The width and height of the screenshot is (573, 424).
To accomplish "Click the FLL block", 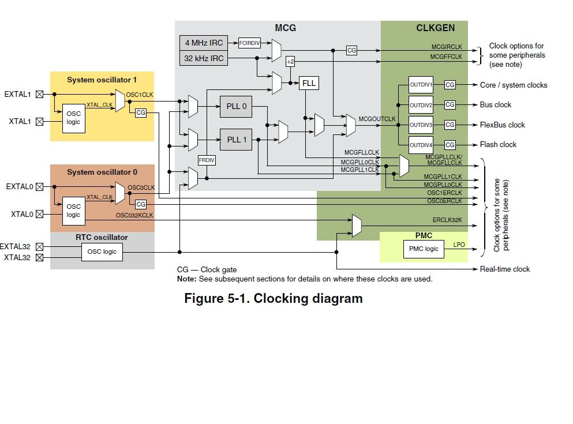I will tap(309, 83).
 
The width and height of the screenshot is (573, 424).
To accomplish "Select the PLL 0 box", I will tap(236, 106).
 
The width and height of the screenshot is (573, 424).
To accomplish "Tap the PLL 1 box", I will tap(236, 140).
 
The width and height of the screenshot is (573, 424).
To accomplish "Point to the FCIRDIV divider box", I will tap(250, 43).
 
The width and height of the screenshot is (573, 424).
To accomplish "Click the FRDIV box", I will tap(207, 160).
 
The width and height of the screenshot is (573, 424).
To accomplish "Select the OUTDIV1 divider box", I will tap(421, 85).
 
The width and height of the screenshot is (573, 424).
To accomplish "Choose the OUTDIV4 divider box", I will tap(421, 144).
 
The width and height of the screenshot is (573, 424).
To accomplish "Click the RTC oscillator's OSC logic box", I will tap(102, 252).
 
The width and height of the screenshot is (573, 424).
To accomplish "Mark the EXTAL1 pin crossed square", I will tap(39, 93).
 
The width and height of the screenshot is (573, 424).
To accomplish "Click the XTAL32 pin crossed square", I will tap(39, 257).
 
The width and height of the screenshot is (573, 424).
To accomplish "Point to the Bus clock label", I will tap(496, 105).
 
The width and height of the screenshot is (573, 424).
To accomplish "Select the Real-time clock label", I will tap(505, 269).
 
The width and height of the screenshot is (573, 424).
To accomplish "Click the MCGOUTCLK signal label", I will tap(377, 119).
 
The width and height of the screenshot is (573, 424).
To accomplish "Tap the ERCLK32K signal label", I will tap(447, 220).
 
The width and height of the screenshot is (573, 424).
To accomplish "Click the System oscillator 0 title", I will tap(102, 172).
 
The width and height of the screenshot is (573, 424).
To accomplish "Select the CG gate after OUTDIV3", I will tap(450, 125).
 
